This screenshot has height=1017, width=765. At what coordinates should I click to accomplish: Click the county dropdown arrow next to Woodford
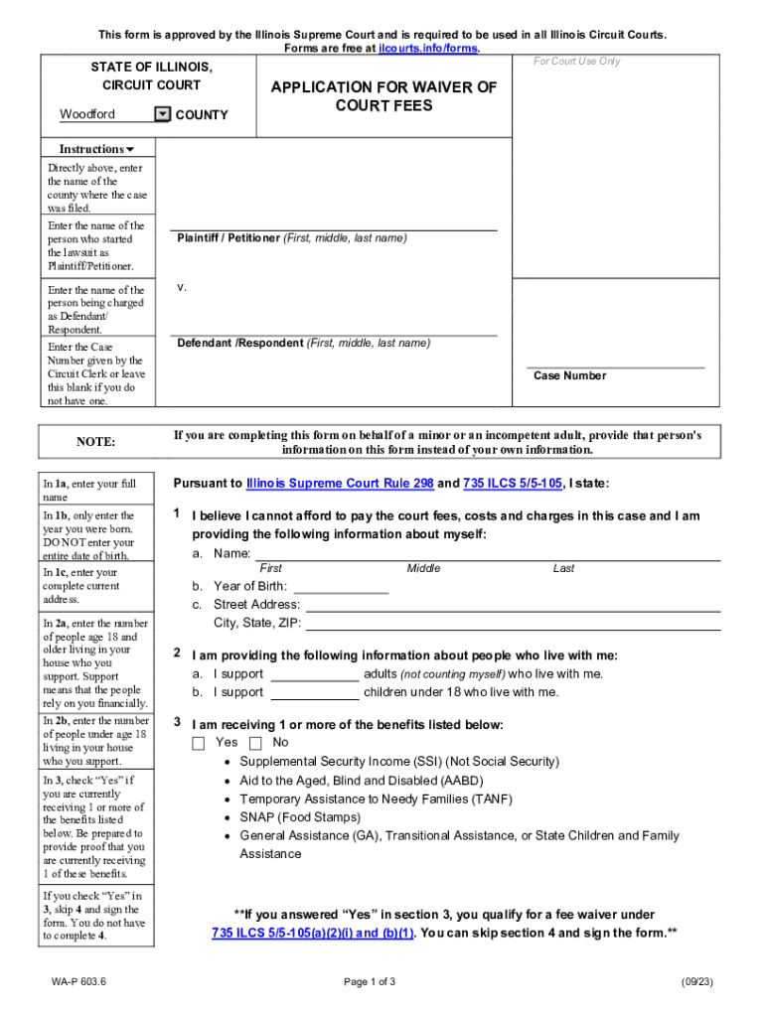pyautogui.click(x=163, y=114)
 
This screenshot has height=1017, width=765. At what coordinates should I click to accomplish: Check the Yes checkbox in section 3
pyautogui.click(x=198, y=743)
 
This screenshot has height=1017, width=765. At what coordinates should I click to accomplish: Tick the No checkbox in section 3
pyautogui.click(x=255, y=743)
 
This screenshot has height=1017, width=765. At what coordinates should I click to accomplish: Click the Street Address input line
pyautogui.click(x=512, y=604)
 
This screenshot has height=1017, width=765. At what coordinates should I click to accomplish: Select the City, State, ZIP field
pyautogui.click(x=512, y=624)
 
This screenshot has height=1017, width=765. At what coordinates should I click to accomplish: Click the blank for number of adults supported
pyautogui.click(x=314, y=673)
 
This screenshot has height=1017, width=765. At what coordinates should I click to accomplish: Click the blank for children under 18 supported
pyautogui.click(x=314, y=692)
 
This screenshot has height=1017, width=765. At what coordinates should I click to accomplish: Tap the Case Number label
pyautogui.click(x=569, y=375)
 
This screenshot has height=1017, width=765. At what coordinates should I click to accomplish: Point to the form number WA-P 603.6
pyautogui.click(x=79, y=982)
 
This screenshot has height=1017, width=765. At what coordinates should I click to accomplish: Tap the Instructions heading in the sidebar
pyautogui.click(x=95, y=149)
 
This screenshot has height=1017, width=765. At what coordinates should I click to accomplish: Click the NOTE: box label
pyautogui.click(x=96, y=441)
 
